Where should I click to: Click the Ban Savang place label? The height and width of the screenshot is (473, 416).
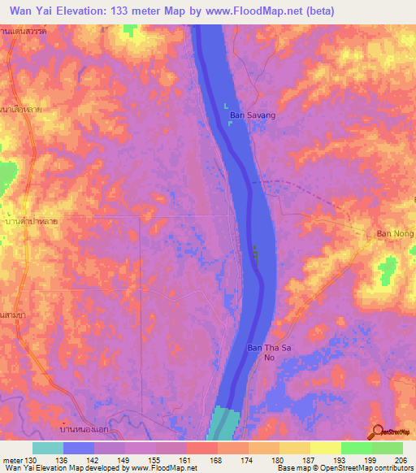point(253,115)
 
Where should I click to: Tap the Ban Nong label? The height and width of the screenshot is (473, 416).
point(396,234)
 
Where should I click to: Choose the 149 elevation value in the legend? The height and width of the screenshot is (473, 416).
point(124,460)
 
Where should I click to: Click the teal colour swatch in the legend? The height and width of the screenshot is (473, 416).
point(48,448)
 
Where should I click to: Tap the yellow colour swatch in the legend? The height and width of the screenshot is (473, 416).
point(325,448)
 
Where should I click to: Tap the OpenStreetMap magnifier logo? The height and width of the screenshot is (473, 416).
point(378,431)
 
